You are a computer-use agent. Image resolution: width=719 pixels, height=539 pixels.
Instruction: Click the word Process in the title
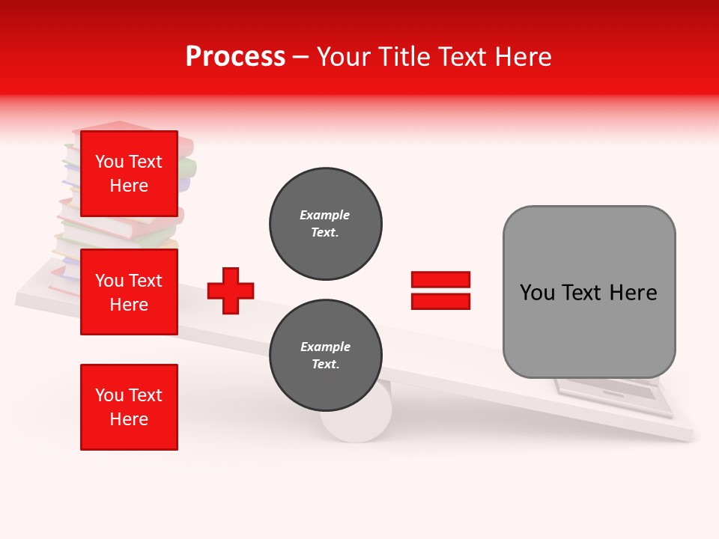235,57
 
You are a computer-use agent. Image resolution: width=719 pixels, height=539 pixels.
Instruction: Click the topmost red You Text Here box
129,174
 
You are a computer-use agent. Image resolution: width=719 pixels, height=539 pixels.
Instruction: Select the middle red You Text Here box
129,292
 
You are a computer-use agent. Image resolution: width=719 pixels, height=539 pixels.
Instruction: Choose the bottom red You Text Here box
129,407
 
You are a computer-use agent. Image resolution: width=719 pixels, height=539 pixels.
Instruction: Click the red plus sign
231,290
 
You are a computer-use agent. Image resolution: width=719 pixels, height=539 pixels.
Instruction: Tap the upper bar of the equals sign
440,279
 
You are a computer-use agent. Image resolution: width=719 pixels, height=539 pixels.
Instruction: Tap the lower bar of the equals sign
440,302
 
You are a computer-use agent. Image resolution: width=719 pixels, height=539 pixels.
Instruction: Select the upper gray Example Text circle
325,224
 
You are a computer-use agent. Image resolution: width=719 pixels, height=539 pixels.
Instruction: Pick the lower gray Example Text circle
325,356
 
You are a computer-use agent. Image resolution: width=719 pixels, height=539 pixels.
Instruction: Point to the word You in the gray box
537,293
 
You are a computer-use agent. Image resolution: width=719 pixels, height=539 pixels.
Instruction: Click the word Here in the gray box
633,293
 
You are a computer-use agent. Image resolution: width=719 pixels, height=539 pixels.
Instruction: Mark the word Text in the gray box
583,293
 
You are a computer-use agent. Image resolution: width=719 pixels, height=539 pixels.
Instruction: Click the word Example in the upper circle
324,215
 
